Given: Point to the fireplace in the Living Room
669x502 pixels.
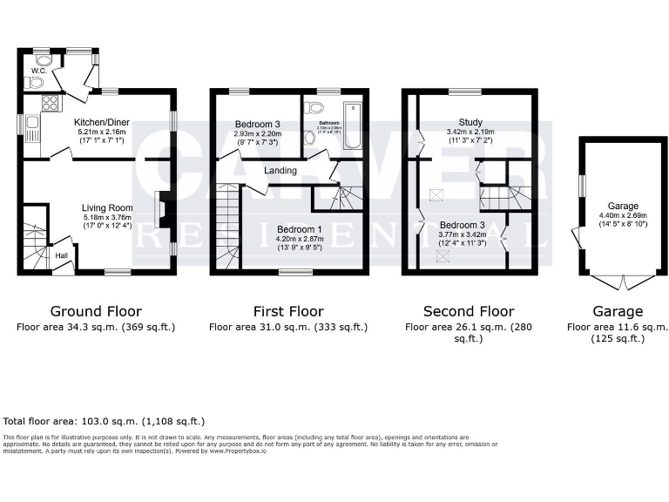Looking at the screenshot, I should [159, 209].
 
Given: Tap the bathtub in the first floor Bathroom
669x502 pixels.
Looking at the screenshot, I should [351, 127].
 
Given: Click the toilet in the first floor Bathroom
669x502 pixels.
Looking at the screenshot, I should [315, 108].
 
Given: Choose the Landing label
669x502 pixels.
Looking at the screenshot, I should [280, 171].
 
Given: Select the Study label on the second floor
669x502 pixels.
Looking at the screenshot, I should [470, 122].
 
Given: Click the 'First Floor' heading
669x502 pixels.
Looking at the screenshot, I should [287, 311].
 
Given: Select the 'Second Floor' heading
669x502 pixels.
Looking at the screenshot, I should [468, 311].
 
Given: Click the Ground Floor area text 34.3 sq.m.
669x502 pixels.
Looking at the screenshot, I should [96, 328].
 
